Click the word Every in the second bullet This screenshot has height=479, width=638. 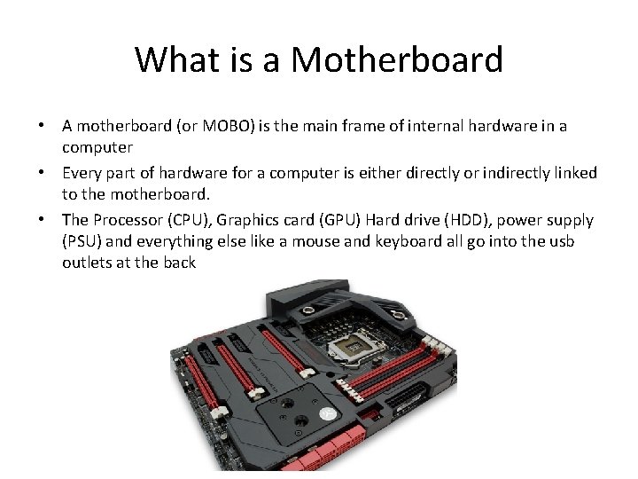coord(82,172)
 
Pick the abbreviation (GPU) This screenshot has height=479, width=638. coord(337,218)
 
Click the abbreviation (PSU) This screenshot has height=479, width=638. coord(82,241)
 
